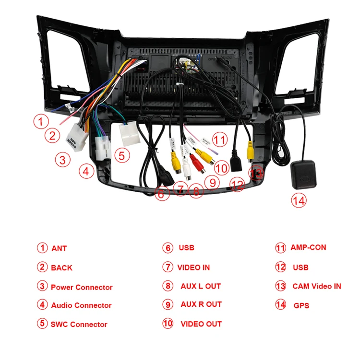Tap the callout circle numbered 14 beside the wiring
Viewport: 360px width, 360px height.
(299, 200)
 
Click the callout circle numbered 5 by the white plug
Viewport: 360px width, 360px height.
(122, 155)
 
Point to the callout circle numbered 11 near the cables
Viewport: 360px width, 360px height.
(219, 140)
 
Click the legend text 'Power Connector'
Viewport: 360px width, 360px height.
(82, 287)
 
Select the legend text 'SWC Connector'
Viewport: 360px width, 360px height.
(79, 325)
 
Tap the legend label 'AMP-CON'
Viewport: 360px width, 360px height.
(308, 248)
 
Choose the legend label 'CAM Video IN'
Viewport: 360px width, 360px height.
(317, 286)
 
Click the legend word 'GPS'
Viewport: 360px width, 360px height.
(301, 305)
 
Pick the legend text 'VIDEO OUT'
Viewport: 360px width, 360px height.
(201, 324)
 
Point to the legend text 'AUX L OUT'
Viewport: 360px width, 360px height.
(201, 286)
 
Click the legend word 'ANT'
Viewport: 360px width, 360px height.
(59, 248)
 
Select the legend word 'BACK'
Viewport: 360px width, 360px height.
(61, 268)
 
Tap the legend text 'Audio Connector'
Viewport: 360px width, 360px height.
(81, 305)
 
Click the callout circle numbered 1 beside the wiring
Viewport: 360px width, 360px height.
(41, 121)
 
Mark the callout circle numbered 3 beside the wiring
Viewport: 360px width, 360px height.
(62, 160)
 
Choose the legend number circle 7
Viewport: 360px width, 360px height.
(167, 267)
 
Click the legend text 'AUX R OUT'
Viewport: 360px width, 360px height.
(201, 304)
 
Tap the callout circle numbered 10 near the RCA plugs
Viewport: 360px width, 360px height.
(221, 168)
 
